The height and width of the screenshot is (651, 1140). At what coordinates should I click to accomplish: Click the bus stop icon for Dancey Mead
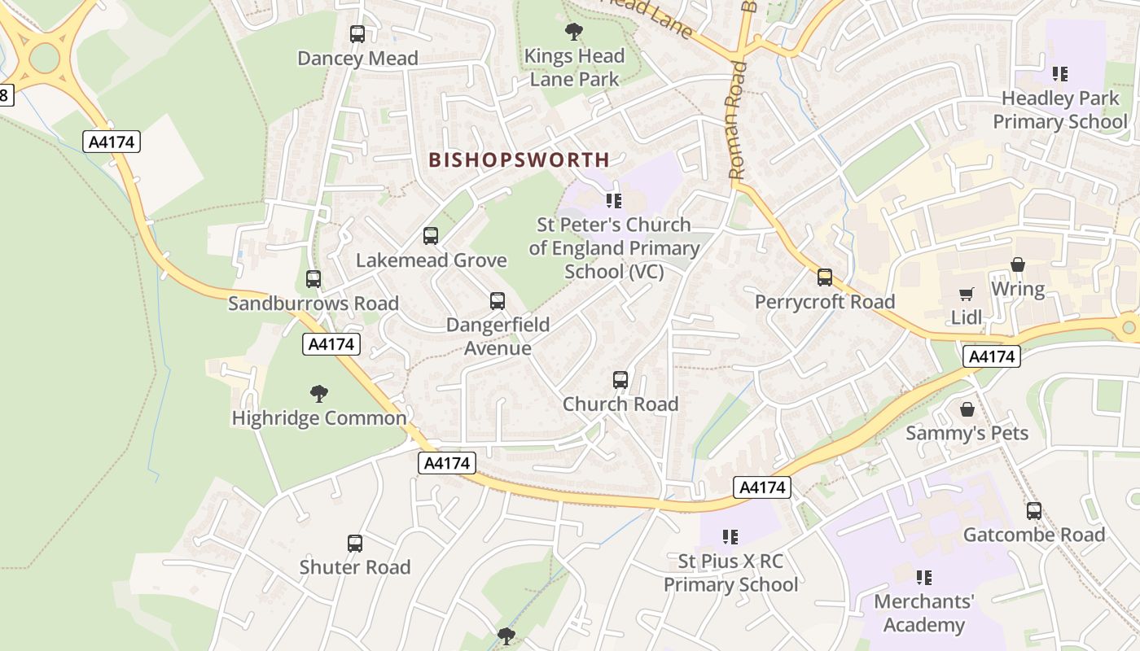(x=357, y=34)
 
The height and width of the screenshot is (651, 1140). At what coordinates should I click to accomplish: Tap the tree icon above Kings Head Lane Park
(x=574, y=32)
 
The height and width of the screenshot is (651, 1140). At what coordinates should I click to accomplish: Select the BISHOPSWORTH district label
(x=519, y=159)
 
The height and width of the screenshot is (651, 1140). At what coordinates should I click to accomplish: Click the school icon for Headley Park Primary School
(x=1059, y=74)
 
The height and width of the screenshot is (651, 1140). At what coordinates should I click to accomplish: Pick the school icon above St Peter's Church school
(x=614, y=200)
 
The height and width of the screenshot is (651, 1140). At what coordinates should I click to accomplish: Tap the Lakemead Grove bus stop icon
(x=431, y=236)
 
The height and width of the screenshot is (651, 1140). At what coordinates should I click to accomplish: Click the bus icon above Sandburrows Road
(x=313, y=279)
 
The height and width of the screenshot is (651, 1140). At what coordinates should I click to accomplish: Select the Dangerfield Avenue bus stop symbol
(x=498, y=301)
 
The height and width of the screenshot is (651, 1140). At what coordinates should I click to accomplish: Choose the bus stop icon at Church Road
(x=620, y=379)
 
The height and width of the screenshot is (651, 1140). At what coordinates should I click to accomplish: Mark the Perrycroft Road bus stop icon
(x=825, y=277)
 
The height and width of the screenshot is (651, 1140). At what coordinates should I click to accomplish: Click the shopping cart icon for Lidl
(x=967, y=293)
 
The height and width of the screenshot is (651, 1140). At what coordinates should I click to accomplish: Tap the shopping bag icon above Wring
(x=1017, y=264)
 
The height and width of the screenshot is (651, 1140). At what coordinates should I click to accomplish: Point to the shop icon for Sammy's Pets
(x=967, y=409)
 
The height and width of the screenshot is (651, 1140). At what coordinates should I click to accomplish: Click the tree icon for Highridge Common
(x=319, y=394)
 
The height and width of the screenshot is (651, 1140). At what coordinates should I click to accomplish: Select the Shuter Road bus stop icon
(x=355, y=543)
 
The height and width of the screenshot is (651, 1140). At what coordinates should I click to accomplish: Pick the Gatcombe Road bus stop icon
(x=1034, y=511)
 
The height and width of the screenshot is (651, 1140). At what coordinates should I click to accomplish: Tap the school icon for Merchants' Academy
(x=923, y=578)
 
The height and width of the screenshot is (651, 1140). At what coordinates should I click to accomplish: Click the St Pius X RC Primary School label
(x=730, y=573)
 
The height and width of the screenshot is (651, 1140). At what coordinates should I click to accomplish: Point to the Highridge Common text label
(x=319, y=418)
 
